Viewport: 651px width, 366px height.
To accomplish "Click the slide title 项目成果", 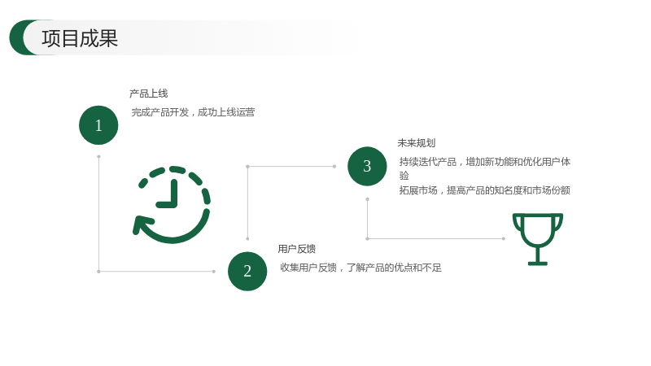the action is click(80, 38).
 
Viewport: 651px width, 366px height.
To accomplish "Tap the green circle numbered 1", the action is click(98, 125).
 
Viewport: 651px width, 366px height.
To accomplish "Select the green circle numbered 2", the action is click(247, 272).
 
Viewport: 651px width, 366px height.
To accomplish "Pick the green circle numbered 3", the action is click(367, 167).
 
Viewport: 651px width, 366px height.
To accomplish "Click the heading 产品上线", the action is click(149, 94).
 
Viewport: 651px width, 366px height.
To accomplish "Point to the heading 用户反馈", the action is click(297, 249).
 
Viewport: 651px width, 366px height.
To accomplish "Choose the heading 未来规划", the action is click(417, 143).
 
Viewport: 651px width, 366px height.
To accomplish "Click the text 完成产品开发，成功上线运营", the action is click(193, 112).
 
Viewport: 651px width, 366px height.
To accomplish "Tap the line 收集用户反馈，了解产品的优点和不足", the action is click(360, 268).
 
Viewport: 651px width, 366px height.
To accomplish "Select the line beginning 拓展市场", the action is click(484, 190).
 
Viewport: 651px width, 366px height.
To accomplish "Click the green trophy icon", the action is click(538, 239).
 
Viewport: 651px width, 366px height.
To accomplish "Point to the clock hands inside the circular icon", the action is click(169, 194).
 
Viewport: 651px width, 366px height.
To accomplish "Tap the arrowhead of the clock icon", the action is click(142, 224).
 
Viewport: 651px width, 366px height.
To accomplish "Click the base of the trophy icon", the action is click(538, 263).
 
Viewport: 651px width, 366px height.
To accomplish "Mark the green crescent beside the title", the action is click(19, 37).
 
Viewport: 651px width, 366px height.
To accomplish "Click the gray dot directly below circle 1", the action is click(98, 157).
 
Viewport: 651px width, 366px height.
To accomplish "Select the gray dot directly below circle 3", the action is click(368, 199).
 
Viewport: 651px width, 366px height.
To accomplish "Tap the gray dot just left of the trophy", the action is click(504, 238).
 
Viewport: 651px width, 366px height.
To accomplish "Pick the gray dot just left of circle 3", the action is click(334, 167).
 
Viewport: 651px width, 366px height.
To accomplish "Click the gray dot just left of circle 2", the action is click(214, 272).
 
